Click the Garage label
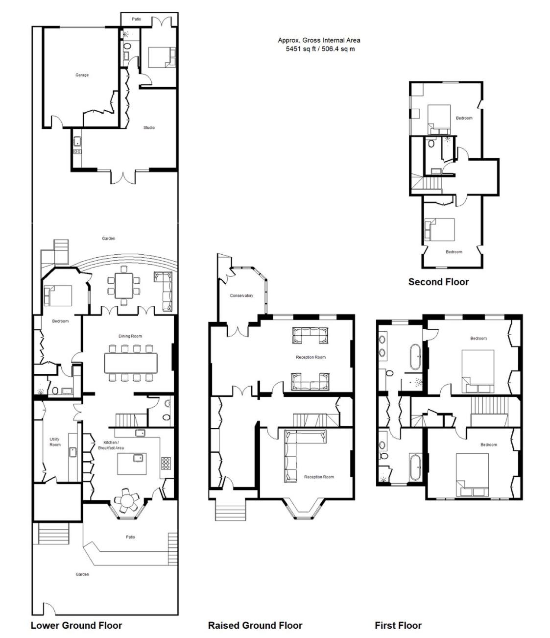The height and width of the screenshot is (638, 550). pos(82,75)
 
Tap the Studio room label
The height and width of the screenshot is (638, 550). pos(149,127)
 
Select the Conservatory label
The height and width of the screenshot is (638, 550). pos(241,295)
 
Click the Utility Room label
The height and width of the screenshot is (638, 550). pos(55,442)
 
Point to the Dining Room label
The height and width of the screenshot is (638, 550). pos(130,336)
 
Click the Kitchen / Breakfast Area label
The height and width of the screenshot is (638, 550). pos(111,445)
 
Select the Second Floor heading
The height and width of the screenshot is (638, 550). pos(438,282)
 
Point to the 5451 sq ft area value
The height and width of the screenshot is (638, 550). pos(301,49)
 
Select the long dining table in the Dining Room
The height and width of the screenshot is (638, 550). pos(131,363)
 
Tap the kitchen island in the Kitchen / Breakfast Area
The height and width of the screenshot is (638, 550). pos(132,464)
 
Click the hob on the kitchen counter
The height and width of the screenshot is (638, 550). pos(166,463)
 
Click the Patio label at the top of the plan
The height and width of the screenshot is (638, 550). pos(136,19)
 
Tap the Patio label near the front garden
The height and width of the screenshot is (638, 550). pos(130,537)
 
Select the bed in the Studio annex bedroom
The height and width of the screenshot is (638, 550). pos(162,57)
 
